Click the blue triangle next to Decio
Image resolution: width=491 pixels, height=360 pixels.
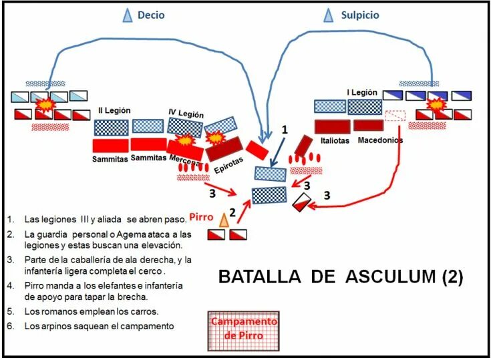(x=127, y=16)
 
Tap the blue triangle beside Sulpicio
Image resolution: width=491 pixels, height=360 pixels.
(x=328, y=15)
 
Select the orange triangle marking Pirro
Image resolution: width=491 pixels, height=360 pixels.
(x=224, y=218)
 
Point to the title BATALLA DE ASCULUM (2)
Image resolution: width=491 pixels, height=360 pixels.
(x=341, y=276)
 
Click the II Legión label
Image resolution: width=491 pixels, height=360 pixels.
(x=114, y=110)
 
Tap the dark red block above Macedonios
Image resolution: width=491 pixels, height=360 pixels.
(x=368, y=124)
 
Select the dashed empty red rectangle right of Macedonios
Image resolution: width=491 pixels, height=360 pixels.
(x=395, y=116)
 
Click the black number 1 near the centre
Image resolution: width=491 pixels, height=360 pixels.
(x=284, y=131)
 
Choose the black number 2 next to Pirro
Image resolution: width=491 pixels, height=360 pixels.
(x=232, y=212)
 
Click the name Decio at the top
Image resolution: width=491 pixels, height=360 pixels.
(x=151, y=15)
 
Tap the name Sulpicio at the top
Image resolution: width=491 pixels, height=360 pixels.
(x=359, y=15)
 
